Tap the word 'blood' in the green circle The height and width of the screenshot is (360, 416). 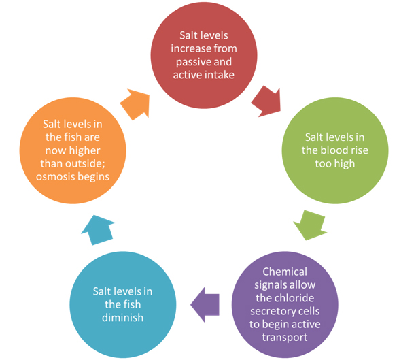(337, 150)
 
